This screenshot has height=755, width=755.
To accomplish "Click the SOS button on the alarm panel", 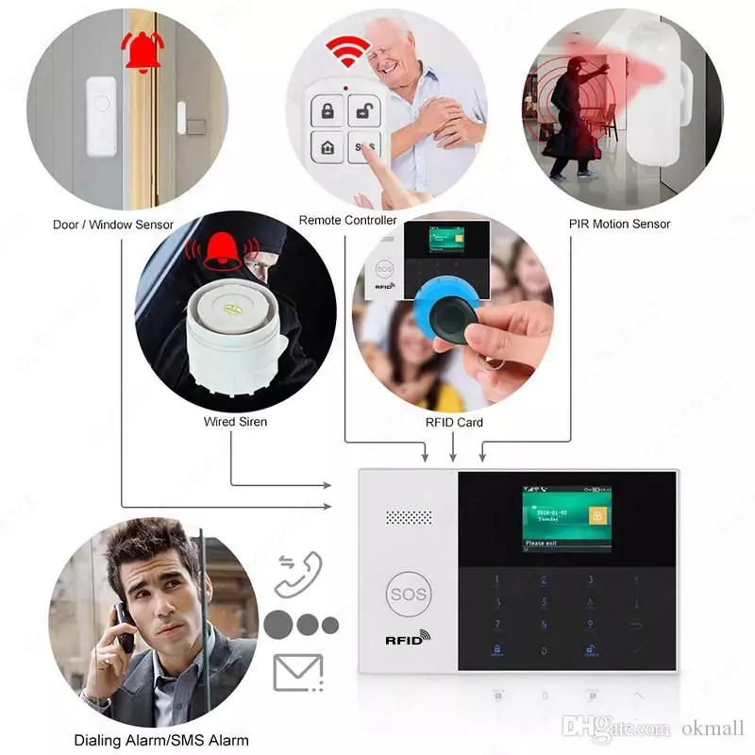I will pos(408,595).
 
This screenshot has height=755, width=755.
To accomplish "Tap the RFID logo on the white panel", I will pos(408,639).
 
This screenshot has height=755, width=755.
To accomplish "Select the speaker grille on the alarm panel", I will pos(409,518).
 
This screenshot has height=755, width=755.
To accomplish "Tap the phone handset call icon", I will pos(299,573).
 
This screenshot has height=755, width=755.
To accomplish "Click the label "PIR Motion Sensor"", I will pos(619,224).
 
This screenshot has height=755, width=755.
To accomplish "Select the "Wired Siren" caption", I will pos(235,421).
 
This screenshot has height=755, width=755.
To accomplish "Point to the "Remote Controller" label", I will pos(347,220).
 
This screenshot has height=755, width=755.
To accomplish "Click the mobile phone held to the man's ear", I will pos(124,624).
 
